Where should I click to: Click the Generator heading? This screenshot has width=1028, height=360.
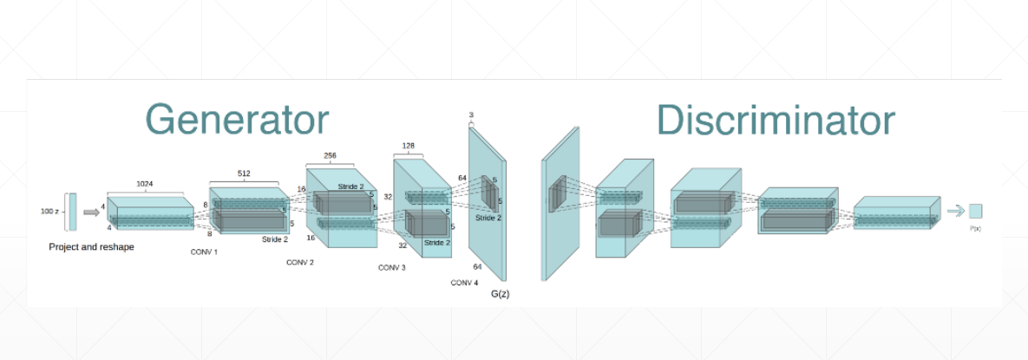point(236,119)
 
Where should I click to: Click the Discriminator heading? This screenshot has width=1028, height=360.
point(775,119)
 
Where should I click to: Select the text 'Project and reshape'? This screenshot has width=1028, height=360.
point(91,247)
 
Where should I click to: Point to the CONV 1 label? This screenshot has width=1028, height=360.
point(204,252)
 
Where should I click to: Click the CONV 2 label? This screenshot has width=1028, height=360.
point(299,261)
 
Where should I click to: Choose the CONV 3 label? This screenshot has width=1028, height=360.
point(391,267)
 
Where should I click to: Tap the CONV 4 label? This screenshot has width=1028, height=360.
point(464,283)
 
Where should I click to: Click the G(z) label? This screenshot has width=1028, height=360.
point(500,294)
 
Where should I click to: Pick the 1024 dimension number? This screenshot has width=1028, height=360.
point(145,184)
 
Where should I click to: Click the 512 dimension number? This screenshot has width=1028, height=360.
point(244,173)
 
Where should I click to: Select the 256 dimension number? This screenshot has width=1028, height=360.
point(330,156)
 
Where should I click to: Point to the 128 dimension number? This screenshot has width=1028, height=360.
point(409,146)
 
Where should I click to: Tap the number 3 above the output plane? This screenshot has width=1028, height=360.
point(471,115)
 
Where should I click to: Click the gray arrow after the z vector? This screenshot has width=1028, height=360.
point(91,212)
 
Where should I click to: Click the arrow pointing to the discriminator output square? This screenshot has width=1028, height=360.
point(954,210)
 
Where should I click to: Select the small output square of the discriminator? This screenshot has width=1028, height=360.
point(975,211)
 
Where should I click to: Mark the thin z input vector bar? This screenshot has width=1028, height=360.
point(71,212)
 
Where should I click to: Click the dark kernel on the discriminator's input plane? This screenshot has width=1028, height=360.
point(556,193)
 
